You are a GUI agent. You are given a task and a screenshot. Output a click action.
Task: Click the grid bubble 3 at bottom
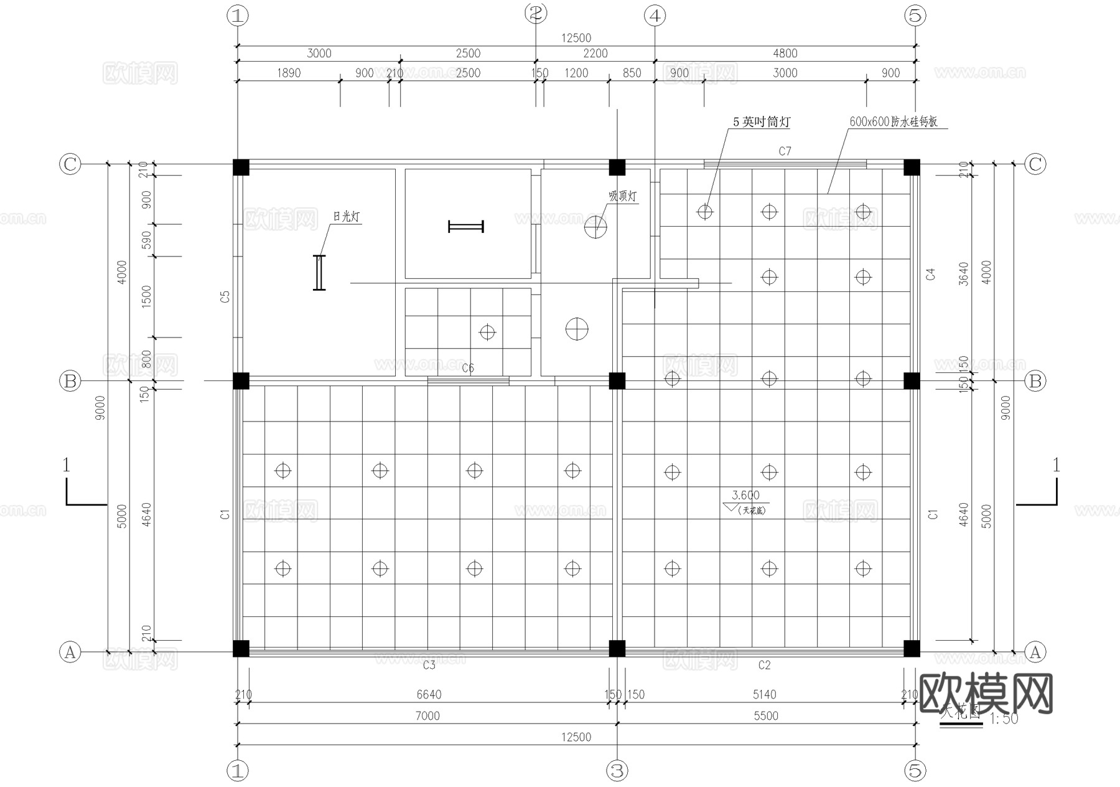click(x=617, y=771)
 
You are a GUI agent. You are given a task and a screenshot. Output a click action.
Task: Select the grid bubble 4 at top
click(x=655, y=16)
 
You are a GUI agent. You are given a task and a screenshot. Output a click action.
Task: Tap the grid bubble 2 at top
click(x=536, y=13)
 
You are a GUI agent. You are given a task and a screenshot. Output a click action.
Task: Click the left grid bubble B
click(x=70, y=380)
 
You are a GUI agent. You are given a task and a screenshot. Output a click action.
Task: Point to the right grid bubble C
click(x=1035, y=164)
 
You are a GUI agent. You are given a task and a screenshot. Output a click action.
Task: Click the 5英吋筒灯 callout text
click(x=761, y=122)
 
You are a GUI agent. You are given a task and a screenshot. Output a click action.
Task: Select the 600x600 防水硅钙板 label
click(x=894, y=122)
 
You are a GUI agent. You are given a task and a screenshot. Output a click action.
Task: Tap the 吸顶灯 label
click(x=622, y=197)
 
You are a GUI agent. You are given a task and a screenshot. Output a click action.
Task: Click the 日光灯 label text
click(x=346, y=217)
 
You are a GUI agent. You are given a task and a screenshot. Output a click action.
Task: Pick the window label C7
click(x=785, y=151)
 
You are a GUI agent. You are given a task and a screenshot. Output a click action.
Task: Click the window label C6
click(x=468, y=368)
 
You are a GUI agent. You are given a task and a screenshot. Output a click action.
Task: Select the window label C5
click(x=225, y=297)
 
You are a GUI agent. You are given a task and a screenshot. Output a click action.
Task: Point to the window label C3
click(x=429, y=666)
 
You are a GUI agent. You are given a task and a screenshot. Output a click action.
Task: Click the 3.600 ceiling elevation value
click(x=745, y=496)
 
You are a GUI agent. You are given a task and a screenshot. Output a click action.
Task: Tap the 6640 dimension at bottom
click(x=429, y=694)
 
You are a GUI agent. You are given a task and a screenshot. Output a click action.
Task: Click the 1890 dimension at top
click(x=288, y=73)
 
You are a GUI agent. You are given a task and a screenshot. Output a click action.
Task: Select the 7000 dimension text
click(x=427, y=716)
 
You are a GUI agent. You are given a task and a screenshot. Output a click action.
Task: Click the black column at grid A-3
click(x=617, y=649)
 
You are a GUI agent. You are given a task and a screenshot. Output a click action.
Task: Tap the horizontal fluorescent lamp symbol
click(x=466, y=227)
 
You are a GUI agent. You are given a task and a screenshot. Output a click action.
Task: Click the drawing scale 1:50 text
click(x=1003, y=719)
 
